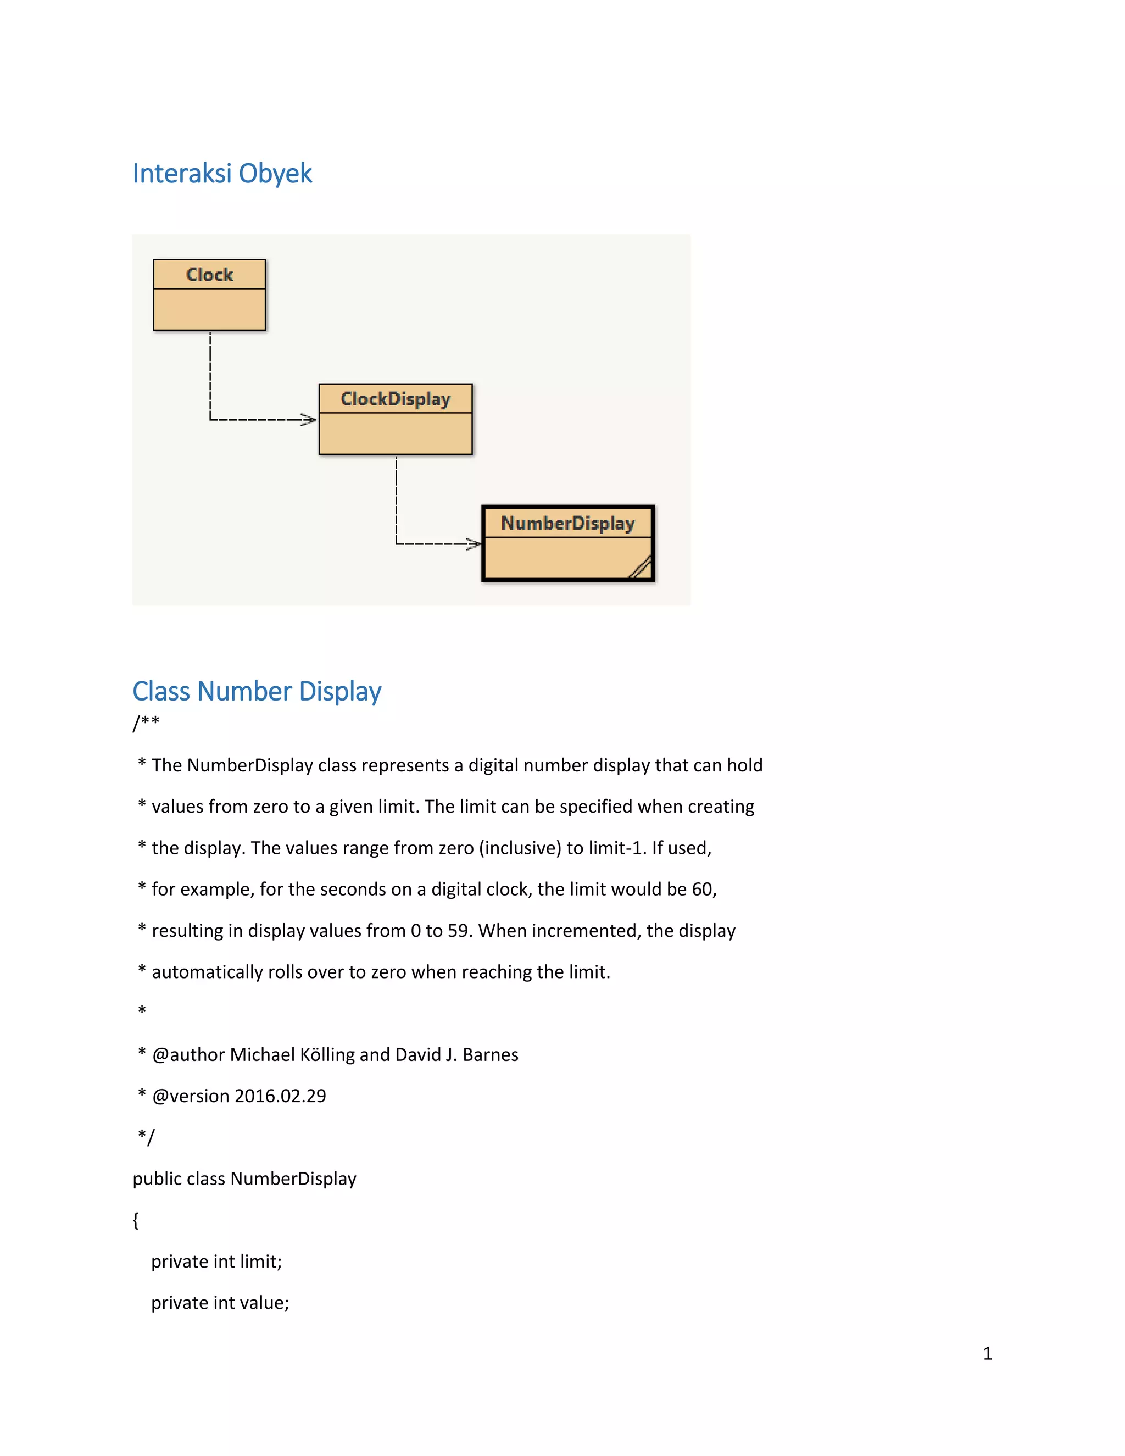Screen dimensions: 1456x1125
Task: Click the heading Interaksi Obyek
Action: click(x=222, y=173)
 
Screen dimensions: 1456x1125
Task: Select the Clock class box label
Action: click(x=209, y=275)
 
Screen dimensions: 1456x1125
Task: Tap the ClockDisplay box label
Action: click(x=395, y=399)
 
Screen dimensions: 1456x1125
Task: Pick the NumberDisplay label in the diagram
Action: click(x=567, y=523)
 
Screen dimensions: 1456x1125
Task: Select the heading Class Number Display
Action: click(x=257, y=691)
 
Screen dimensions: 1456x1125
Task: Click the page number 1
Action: click(x=987, y=1353)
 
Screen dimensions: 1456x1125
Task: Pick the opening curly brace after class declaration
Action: click(x=136, y=1220)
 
